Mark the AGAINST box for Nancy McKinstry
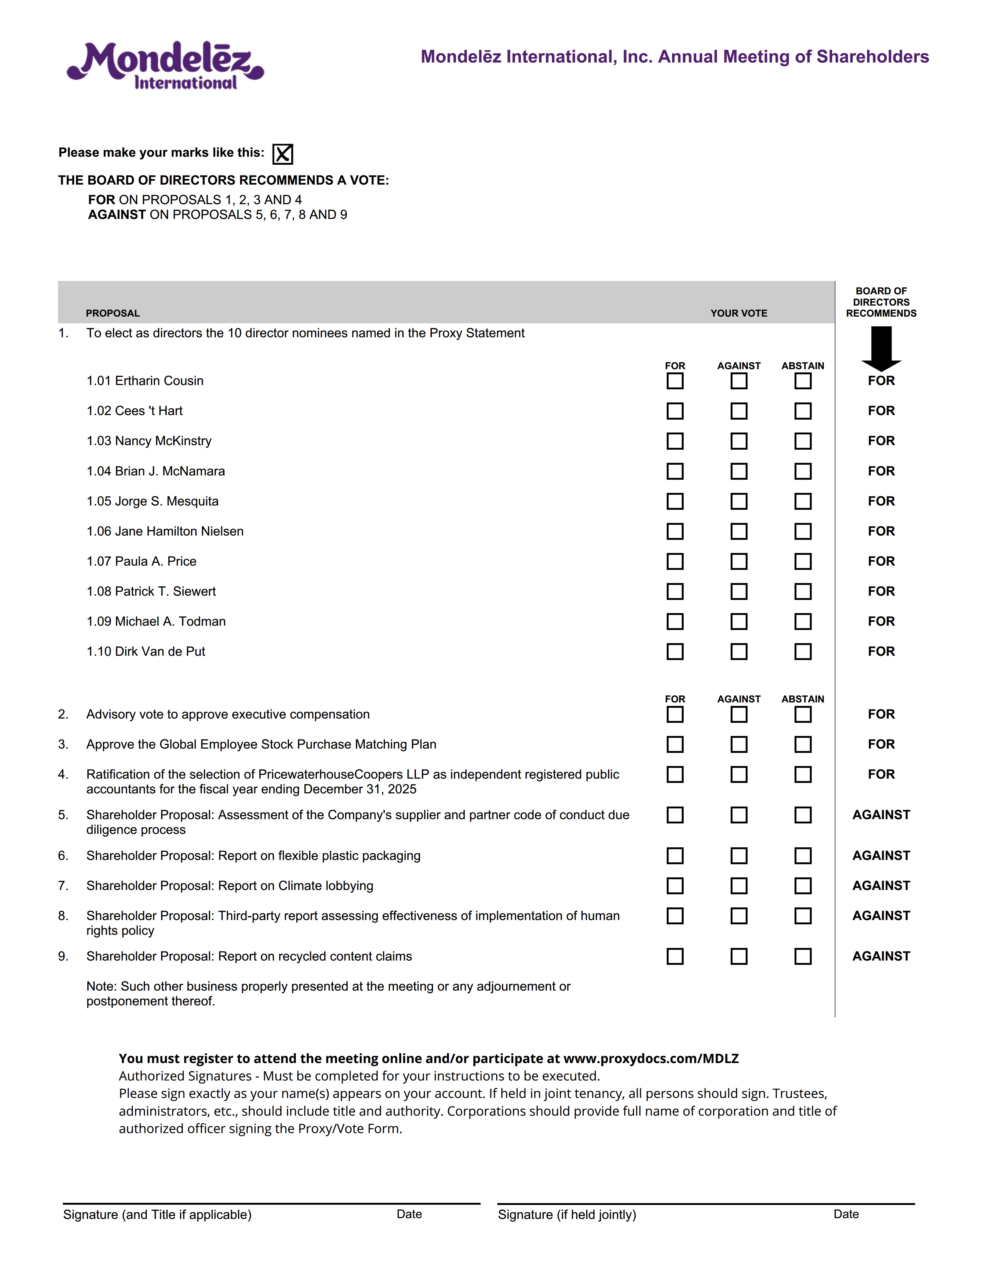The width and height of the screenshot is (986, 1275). pyautogui.click(x=739, y=441)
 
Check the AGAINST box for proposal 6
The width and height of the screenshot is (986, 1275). pyautogui.click(x=739, y=856)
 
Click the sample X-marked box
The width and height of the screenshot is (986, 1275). pyautogui.click(x=283, y=154)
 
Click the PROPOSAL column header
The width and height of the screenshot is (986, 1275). pyautogui.click(x=113, y=313)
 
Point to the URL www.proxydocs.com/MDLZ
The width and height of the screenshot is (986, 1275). pyautogui.click(x=651, y=1058)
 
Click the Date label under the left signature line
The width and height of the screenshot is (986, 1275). pyautogui.click(x=409, y=1214)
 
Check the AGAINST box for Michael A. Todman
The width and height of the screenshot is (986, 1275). pyautogui.click(x=739, y=622)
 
